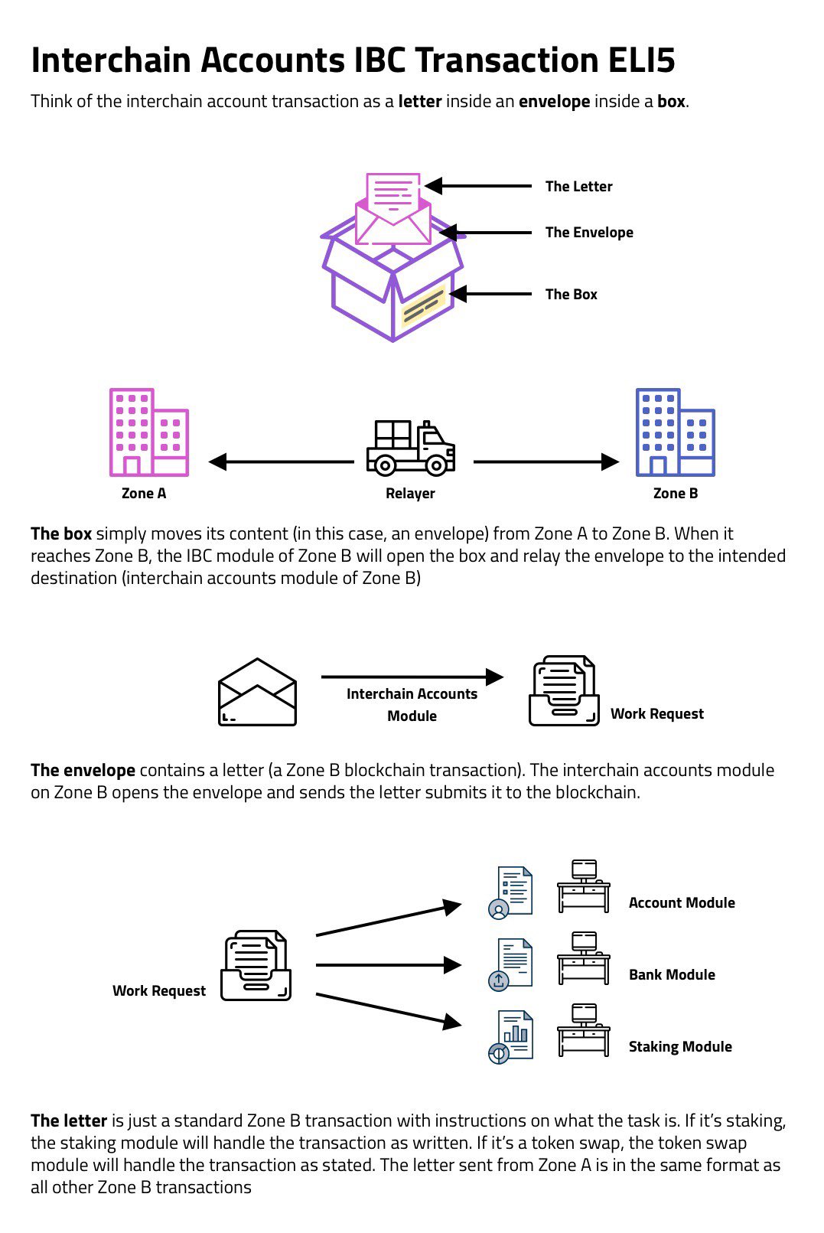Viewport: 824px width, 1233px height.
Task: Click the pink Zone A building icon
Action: click(x=148, y=432)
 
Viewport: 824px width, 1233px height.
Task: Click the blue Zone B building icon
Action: click(x=675, y=432)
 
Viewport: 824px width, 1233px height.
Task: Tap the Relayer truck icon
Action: click(x=411, y=448)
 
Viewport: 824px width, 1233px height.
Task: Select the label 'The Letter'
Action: click(x=578, y=186)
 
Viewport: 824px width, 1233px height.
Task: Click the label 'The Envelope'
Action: click(x=588, y=233)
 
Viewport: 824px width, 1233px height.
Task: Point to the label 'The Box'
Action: click(x=571, y=294)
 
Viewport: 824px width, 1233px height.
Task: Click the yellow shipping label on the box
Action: click(x=424, y=306)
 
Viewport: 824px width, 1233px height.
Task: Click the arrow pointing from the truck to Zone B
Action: click(x=546, y=462)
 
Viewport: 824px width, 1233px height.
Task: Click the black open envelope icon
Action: click(x=257, y=693)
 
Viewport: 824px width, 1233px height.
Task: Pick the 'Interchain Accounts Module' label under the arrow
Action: click(x=412, y=704)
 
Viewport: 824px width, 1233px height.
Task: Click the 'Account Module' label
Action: click(x=681, y=902)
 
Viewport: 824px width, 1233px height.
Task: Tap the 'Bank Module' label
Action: click(x=672, y=974)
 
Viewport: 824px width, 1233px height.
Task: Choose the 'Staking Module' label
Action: click(x=679, y=1046)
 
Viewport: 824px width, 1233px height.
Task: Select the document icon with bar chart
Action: click(x=511, y=1037)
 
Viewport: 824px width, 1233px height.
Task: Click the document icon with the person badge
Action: click(x=511, y=892)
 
